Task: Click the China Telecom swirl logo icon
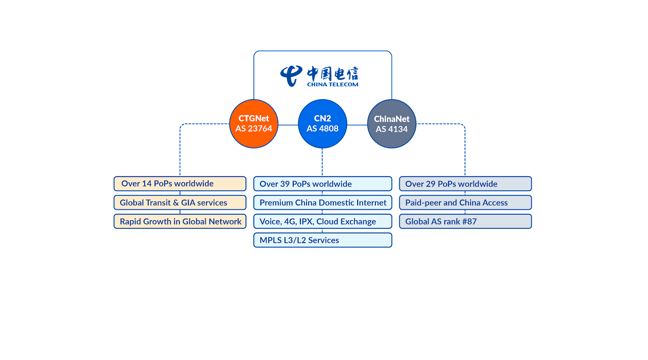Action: coord(291,75)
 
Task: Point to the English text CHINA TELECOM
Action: coord(333,85)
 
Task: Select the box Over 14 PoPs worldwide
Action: coord(180,183)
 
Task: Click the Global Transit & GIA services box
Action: coord(180,202)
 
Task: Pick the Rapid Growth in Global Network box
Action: coord(180,222)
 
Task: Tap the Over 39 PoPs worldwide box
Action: coord(322,184)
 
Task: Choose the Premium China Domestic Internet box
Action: coord(322,202)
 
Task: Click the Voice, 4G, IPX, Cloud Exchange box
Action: coord(322,222)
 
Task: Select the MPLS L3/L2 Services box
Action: coord(322,240)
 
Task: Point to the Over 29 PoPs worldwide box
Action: coord(465,184)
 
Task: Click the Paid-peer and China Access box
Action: coord(465,202)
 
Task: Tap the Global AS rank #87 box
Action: coord(465,222)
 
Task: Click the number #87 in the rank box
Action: coord(470,222)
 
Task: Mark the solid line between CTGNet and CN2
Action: coord(288,125)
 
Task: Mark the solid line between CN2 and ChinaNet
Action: coord(357,125)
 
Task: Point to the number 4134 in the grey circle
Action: coord(397,129)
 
